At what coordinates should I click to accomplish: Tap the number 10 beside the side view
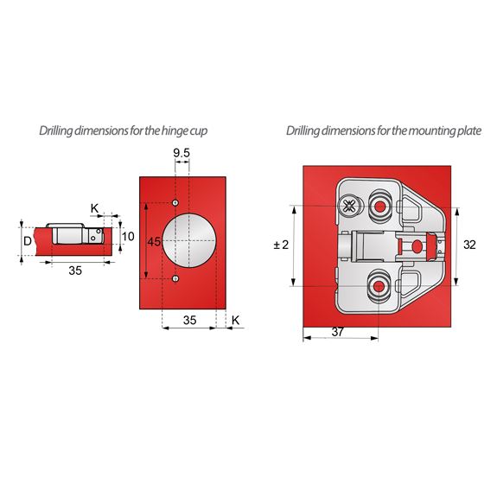click(128, 236)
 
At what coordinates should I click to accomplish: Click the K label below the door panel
click(234, 319)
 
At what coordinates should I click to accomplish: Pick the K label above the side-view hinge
click(95, 208)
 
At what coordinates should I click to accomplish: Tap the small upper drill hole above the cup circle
click(175, 202)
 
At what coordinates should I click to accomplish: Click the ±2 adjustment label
click(280, 245)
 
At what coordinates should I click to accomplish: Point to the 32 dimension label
click(468, 245)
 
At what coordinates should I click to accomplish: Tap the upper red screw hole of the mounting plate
click(379, 206)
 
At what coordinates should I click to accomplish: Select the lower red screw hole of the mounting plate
click(379, 284)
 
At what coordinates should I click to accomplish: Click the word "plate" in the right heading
click(464, 131)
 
